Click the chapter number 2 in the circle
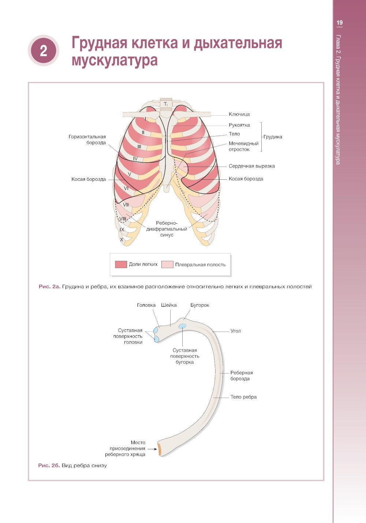[43, 51]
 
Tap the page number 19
[340, 23]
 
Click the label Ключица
[239, 114]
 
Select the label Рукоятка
[239, 125]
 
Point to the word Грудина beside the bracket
[273, 137]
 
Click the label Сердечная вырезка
[251, 166]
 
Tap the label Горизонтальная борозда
[87, 139]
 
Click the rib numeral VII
[126, 205]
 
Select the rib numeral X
[122, 239]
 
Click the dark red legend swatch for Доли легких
[121, 264]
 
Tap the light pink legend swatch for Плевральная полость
[167, 264]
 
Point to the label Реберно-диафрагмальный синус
[167, 229]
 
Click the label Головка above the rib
[146, 305]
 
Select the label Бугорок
[199, 305]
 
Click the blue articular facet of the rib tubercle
[182, 326]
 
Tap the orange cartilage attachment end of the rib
[160, 449]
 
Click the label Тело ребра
[243, 397]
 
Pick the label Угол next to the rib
[235, 331]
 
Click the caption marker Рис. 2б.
[49, 466]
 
